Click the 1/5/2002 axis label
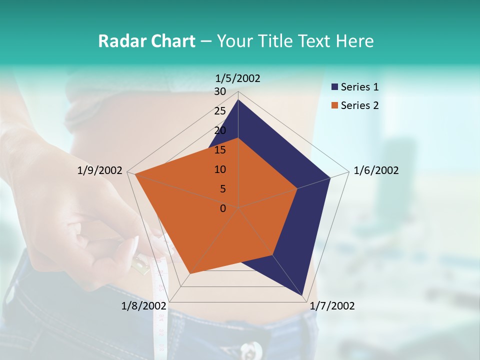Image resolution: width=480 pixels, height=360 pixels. pos(237,78)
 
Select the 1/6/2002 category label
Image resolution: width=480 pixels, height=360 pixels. pos(376,170)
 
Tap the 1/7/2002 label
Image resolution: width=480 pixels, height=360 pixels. pos(332,306)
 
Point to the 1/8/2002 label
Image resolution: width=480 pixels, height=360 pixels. pos(143,306)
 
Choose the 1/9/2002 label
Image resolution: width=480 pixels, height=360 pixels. pos(99,170)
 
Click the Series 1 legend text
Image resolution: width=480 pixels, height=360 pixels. pos(359,87)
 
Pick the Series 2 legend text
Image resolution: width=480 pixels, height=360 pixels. pos(359,105)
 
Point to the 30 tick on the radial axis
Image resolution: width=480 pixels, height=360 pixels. pos(220,91)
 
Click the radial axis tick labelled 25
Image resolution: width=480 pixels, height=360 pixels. pos(220,111)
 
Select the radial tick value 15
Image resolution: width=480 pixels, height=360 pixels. pos(220,150)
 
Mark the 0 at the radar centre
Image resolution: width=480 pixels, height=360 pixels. pos(223,208)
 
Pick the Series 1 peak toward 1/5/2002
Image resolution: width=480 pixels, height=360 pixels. pos(238,100)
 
